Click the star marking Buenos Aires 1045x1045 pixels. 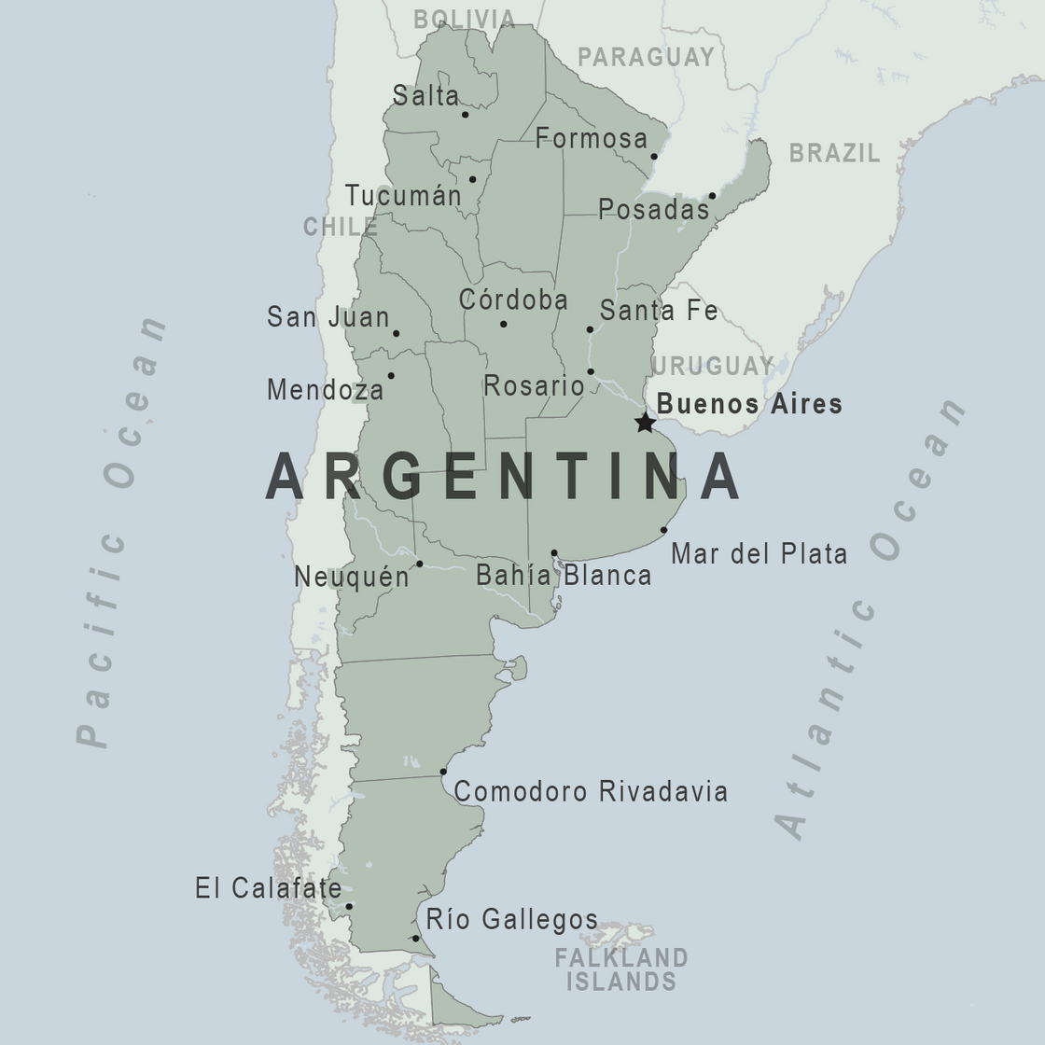point(645,423)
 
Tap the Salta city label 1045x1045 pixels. point(425,95)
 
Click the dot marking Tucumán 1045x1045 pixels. point(472,179)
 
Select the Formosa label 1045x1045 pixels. point(591,139)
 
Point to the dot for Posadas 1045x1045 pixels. point(712,196)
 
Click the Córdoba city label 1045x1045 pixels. point(513,300)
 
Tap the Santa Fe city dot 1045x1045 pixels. point(590,329)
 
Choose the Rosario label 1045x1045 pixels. point(534,385)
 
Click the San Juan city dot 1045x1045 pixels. point(396,333)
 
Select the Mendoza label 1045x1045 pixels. point(325,389)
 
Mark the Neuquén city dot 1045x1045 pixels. point(420,564)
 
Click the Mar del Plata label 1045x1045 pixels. point(759,553)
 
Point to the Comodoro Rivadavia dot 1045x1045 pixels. point(443,772)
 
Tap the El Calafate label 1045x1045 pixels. point(268,887)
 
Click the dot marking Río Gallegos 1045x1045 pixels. point(415,939)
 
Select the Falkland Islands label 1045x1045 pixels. point(620,969)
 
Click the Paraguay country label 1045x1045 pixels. point(646,57)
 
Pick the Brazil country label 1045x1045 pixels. point(834,153)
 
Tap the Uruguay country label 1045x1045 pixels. point(713,366)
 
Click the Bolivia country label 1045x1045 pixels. point(464,20)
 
